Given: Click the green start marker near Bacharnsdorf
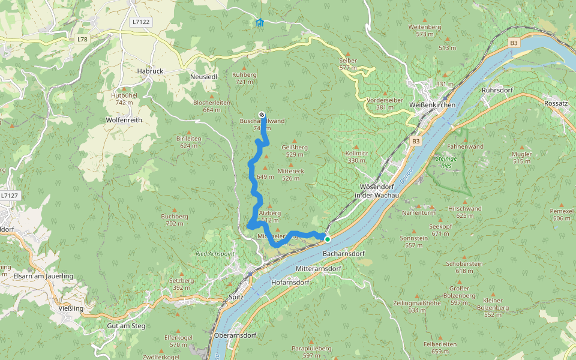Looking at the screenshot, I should pyautogui.click(x=328, y=239).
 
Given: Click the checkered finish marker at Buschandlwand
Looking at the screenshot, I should pyautogui.click(x=262, y=115).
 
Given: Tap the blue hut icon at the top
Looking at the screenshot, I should pyautogui.click(x=259, y=23).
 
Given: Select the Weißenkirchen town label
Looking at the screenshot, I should pyautogui.click(x=432, y=105).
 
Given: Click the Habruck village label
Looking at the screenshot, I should pyautogui.click(x=149, y=71).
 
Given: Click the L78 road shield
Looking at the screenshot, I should pyautogui.click(x=82, y=39).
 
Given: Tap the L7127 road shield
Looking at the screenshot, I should pyautogui.click(x=10, y=196).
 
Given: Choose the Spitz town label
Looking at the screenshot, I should pyautogui.click(x=236, y=297).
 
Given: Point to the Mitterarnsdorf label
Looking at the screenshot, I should pyautogui.click(x=319, y=268).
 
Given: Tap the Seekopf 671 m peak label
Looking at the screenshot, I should pyautogui.click(x=440, y=230).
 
